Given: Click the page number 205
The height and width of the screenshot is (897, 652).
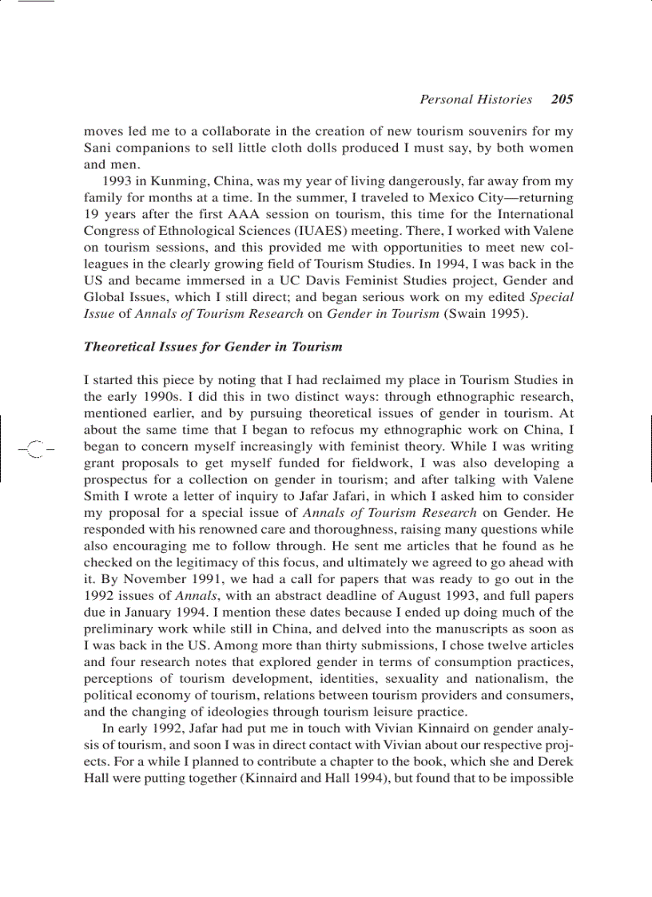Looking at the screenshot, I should [x=562, y=100].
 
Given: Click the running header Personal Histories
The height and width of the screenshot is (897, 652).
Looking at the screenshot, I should [x=475, y=100].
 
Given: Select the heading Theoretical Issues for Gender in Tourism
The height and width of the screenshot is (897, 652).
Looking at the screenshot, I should [x=213, y=347].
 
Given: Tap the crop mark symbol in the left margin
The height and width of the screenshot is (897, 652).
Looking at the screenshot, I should [x=34, y=448].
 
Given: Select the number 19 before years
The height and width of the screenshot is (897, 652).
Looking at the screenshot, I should [x=91, y=215].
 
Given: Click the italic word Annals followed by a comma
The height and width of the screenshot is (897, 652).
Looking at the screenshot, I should [x=195, y=596].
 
